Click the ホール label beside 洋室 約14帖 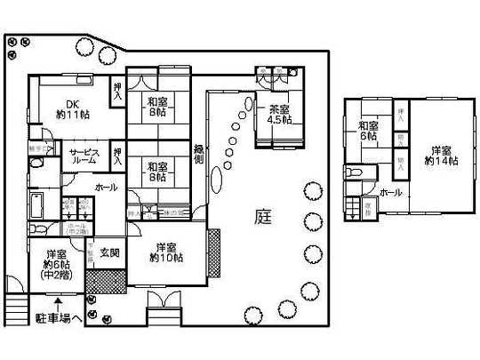point(390,192)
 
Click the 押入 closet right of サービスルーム point(118,155)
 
